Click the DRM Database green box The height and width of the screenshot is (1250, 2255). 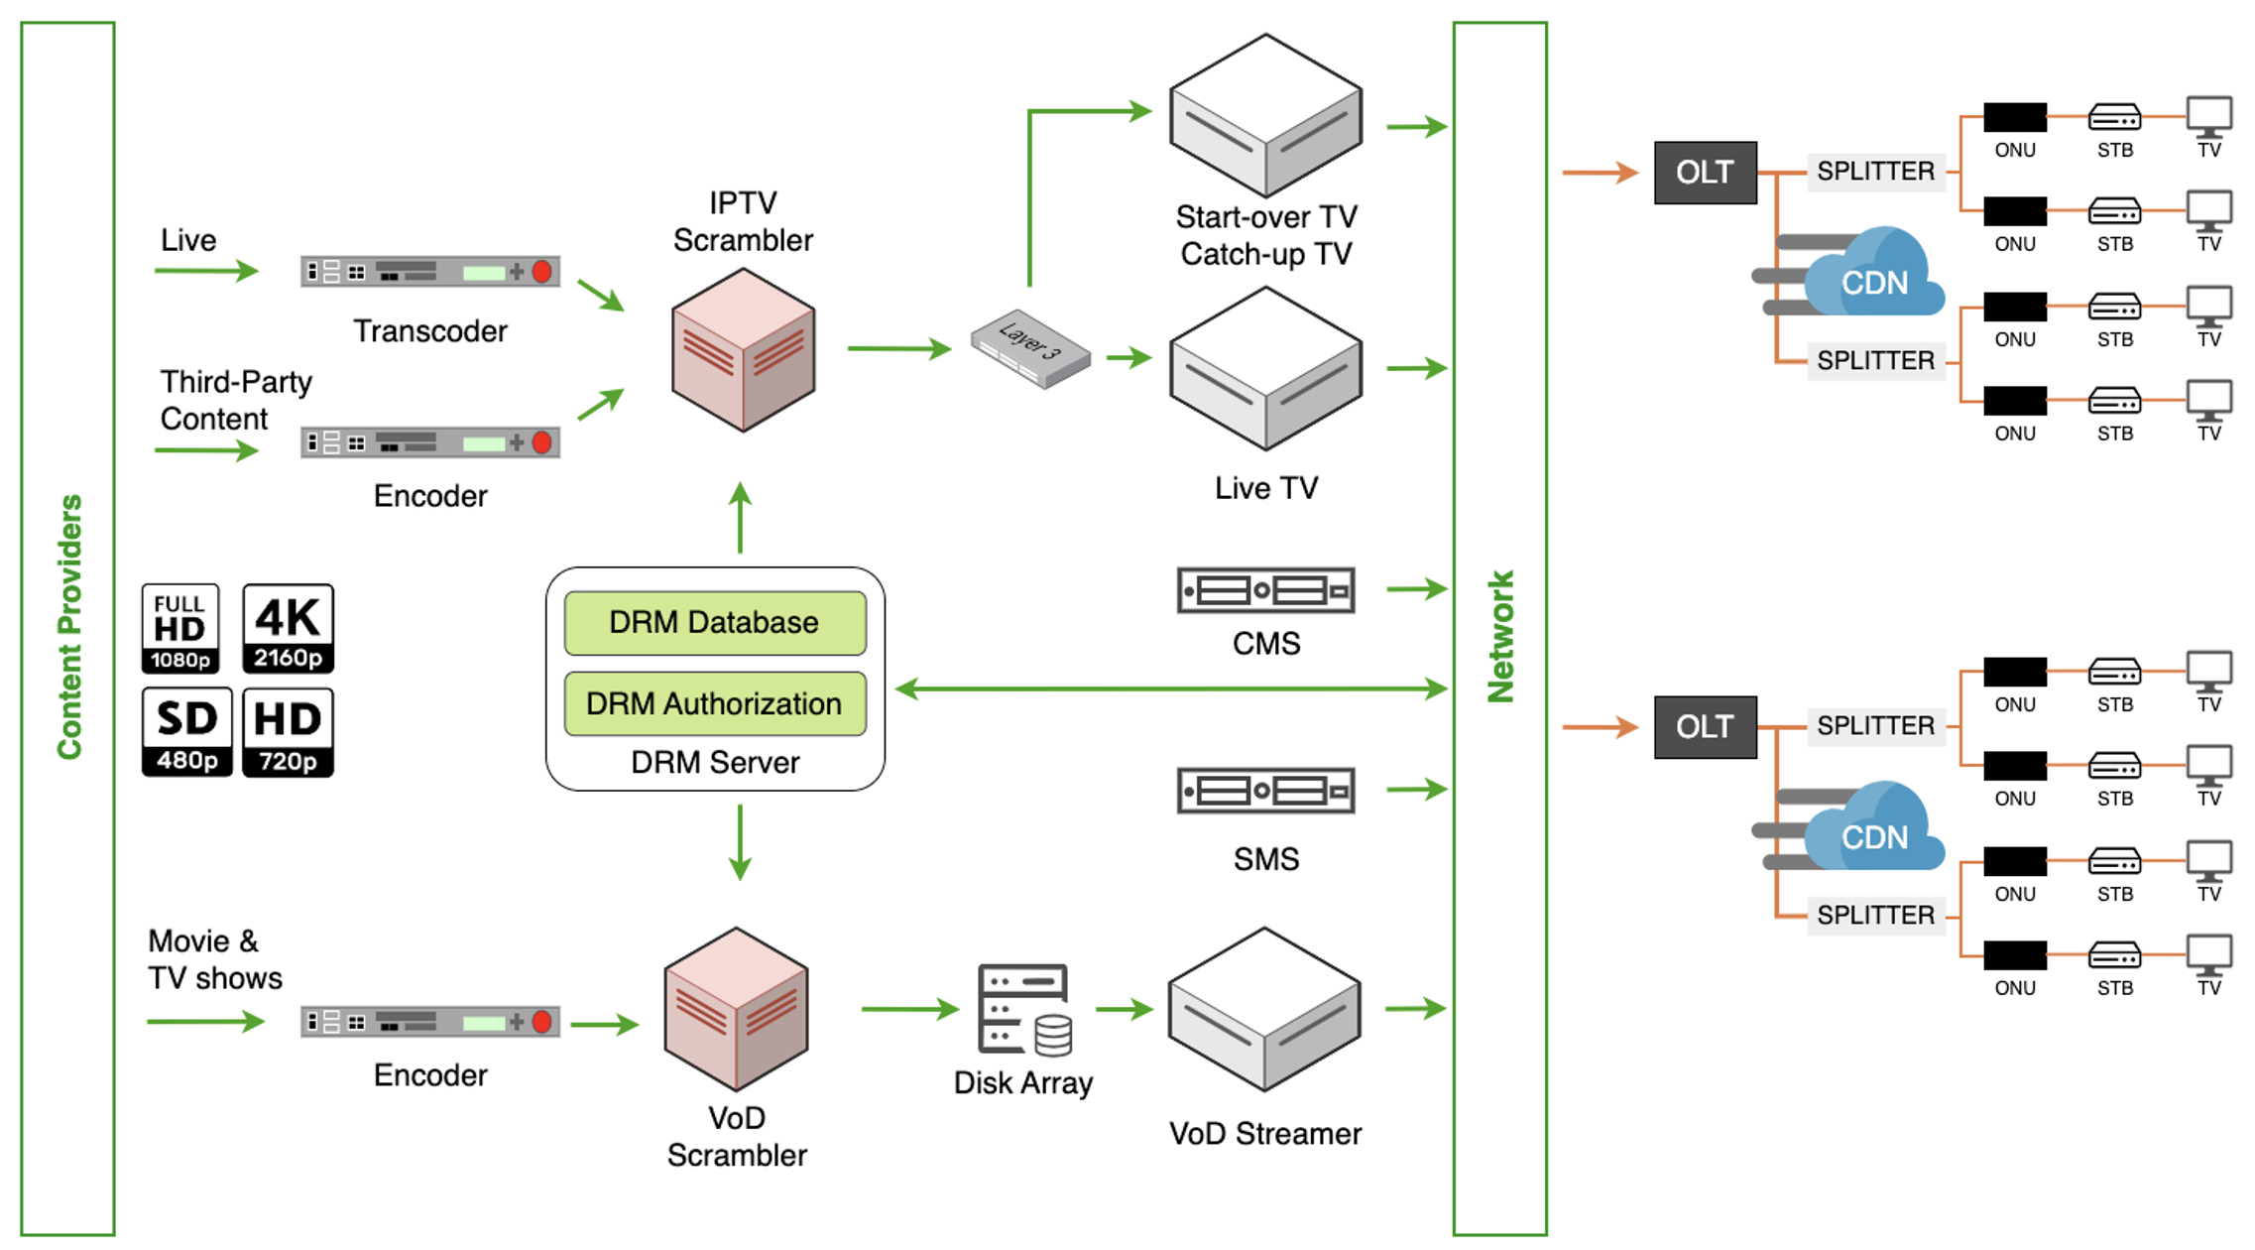pos(714,623)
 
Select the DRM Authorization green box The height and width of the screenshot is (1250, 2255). pos(714,703)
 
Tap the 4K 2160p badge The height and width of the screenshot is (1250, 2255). pos(288,628)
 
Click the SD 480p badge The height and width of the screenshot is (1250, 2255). pos(186,732)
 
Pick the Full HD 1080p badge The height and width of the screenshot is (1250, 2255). pos(179,628)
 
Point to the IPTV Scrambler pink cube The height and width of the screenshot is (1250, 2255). pos(743,350)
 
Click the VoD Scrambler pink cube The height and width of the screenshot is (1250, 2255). pos(736,1009)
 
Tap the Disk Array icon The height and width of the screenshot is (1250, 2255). pos(1023,1009)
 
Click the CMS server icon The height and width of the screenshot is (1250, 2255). pos(1265,590)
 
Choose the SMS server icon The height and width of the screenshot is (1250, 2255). pos(1265,791)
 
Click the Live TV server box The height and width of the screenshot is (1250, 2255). pos(1265,369)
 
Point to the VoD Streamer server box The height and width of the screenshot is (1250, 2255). pos(1264,1010)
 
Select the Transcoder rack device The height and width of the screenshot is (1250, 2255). pos(429,272)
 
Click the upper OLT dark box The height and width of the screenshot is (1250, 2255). pos(1705,173)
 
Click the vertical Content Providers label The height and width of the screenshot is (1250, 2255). pos(68,627)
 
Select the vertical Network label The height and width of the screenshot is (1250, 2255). pos(1500,636)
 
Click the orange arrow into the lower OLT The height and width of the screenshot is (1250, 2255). pos(1599,727)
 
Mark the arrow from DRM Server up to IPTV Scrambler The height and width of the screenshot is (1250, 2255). pos(740,518)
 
